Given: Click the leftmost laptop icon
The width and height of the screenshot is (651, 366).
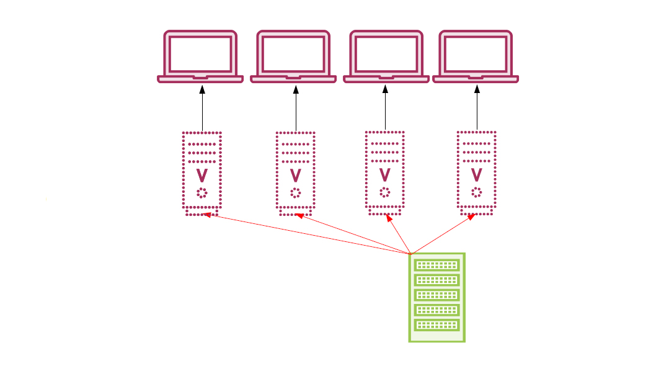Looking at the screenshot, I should [200, 56].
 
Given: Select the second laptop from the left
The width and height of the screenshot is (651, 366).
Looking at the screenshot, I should [293, 56].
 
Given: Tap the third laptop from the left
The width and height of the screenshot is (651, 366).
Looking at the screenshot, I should [386, 56].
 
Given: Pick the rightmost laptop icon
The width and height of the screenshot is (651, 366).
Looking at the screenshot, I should [476, 56].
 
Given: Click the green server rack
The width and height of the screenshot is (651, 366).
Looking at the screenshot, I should [437, 297].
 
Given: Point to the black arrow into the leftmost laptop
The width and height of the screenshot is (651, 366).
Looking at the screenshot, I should [202, 109].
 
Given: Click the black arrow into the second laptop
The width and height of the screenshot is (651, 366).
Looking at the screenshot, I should [296, 109].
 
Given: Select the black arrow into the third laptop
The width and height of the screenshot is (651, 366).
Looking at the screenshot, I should [385, 109].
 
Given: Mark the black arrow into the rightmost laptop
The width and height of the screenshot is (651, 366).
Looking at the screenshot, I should [477, 109].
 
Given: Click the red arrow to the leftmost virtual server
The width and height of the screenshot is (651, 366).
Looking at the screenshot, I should [308, 234].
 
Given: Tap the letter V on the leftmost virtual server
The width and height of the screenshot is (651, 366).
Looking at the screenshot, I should [201, 174].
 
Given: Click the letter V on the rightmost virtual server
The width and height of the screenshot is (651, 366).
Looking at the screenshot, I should [476, 174].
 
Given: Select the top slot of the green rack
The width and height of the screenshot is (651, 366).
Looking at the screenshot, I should [437, 266].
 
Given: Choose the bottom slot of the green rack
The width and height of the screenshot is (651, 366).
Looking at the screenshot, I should [437, 325].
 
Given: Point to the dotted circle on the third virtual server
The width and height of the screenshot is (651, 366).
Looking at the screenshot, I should [385, 192].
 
